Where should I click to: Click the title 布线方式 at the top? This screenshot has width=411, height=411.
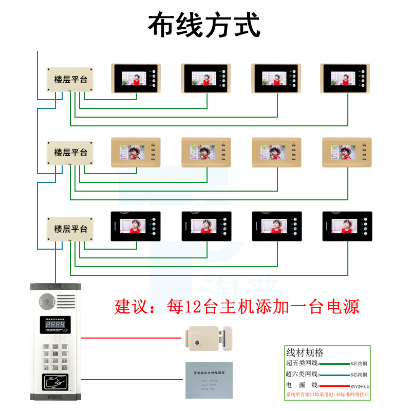[x=204, y=25]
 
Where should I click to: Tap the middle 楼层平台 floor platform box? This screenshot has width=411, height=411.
[x=70, y=153]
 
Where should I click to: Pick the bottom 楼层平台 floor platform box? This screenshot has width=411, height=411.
[x=70, y=229]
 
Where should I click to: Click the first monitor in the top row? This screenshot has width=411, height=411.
[x=136, y=79]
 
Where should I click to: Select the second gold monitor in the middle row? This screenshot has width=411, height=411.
[x=206, y=153]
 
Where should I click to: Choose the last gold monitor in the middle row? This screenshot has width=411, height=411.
[x=346, y=153]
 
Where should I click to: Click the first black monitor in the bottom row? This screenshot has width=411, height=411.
[x=136, y=227]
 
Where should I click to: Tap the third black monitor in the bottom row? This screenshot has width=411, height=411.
[x=277, y=227]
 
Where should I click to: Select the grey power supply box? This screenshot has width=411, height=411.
[x=209, y=380]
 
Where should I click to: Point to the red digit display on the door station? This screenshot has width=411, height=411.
[x=55, y=325]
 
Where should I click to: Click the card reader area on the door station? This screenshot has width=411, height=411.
[x=55, y=383]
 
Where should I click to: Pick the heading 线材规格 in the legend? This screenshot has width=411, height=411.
[x=305, y=352]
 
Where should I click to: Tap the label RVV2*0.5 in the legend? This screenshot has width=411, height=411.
[x=360, y=385]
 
